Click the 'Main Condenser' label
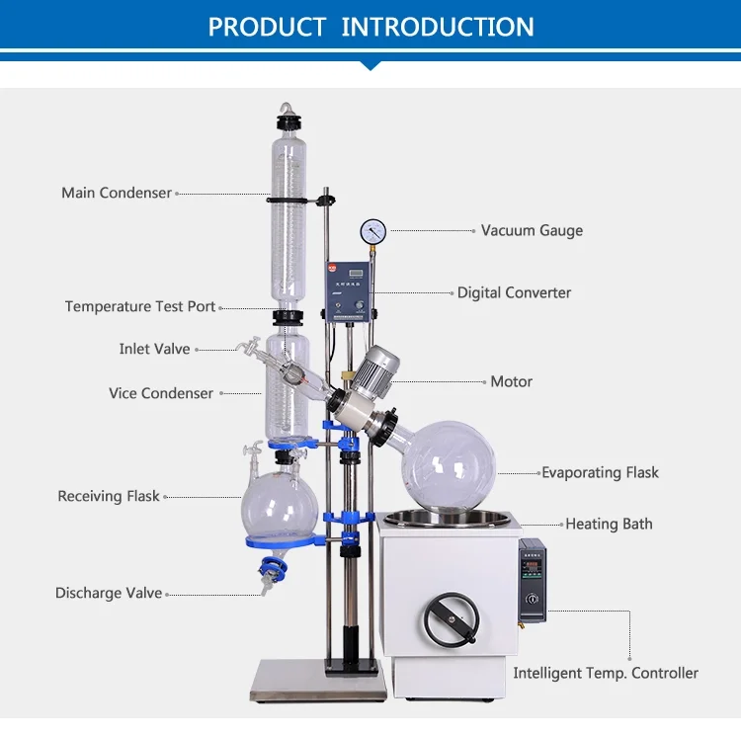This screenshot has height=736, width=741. coord(117,193)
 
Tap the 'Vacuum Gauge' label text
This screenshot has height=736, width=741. coord(532,230)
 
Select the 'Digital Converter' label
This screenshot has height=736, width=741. coord(514,292)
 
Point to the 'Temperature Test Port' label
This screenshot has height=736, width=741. coord(139,306)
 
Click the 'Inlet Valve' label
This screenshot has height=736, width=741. coord(154,349)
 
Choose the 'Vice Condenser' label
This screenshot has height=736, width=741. coord(161,393)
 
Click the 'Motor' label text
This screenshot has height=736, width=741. coord(511,381)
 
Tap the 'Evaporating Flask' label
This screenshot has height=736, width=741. coord(600,472)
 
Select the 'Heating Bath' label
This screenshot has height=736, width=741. coord(609,524)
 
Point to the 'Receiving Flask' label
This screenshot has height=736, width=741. coord(109,496)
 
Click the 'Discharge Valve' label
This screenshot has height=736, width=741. coord(109,593)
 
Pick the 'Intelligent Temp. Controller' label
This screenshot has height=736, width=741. coord(605,673)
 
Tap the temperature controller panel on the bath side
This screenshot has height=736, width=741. coord(532,580)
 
